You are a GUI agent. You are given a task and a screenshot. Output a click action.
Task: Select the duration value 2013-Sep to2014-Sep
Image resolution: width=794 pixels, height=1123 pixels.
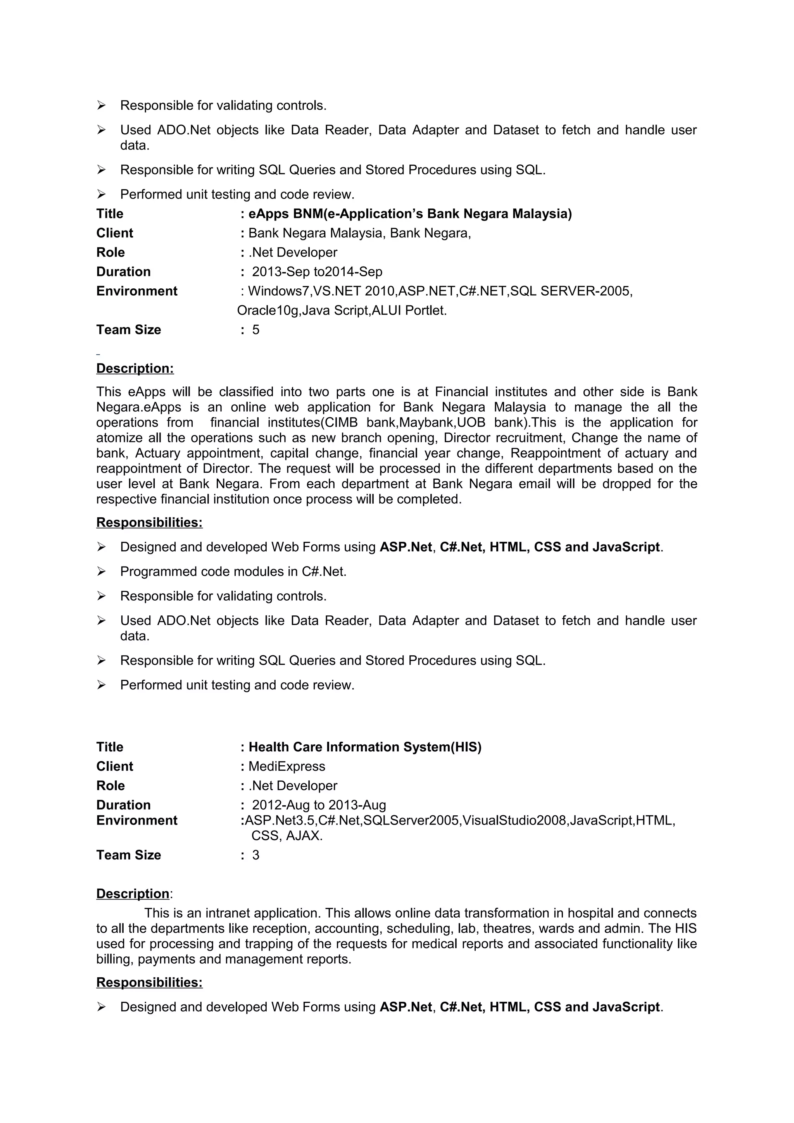pos(317,272)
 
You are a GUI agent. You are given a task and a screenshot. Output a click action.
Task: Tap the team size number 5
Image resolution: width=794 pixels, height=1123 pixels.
pos(255,330)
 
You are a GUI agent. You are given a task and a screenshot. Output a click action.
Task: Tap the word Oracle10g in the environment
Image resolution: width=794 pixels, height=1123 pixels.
pos(268,310)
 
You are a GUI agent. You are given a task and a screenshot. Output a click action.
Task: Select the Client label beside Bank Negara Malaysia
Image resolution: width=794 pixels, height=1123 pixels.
pos(114,233)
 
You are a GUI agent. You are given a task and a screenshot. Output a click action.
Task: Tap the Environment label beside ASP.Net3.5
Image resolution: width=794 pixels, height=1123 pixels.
pos(136,820)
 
